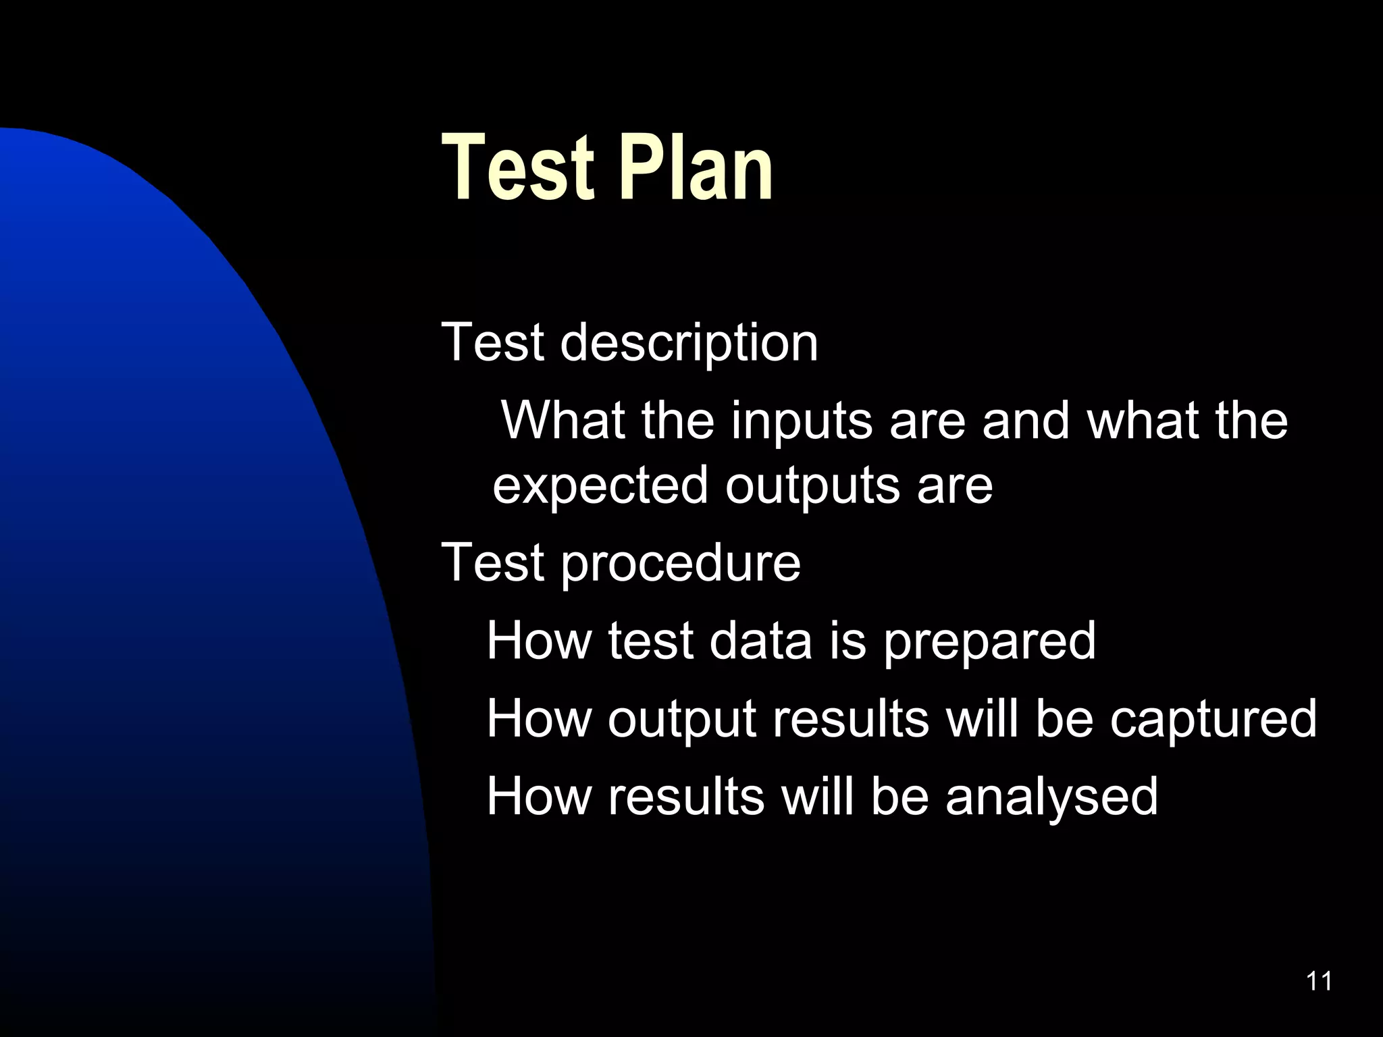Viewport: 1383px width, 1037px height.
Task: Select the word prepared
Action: (989, 642)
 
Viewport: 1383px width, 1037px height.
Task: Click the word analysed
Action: (1051, 797)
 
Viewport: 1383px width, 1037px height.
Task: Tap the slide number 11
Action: (1320, 981)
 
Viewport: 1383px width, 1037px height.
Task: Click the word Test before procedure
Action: (492, 562)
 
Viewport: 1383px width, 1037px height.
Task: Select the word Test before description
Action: (492, 342)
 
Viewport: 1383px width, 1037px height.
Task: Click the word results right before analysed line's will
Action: (686, 796)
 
